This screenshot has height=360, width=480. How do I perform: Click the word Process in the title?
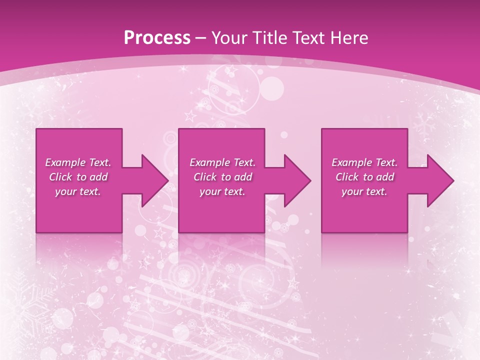pos(157,37)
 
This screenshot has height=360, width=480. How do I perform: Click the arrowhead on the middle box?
pos(296,180)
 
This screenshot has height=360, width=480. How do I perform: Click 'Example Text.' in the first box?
pos(78,162)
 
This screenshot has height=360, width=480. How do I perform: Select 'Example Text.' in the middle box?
pos(222,162)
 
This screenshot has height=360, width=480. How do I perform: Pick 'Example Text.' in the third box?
pos(364,162)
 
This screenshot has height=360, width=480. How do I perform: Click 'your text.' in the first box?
pos(78,191)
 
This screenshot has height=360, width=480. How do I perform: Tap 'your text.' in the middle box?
pos(222,191)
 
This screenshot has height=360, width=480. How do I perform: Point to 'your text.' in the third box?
pos(364,191)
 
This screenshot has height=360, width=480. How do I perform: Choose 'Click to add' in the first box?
pos(78,177)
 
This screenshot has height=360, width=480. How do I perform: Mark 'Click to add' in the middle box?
pos(222,177)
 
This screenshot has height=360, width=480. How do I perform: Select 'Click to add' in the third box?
pos(364,177)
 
